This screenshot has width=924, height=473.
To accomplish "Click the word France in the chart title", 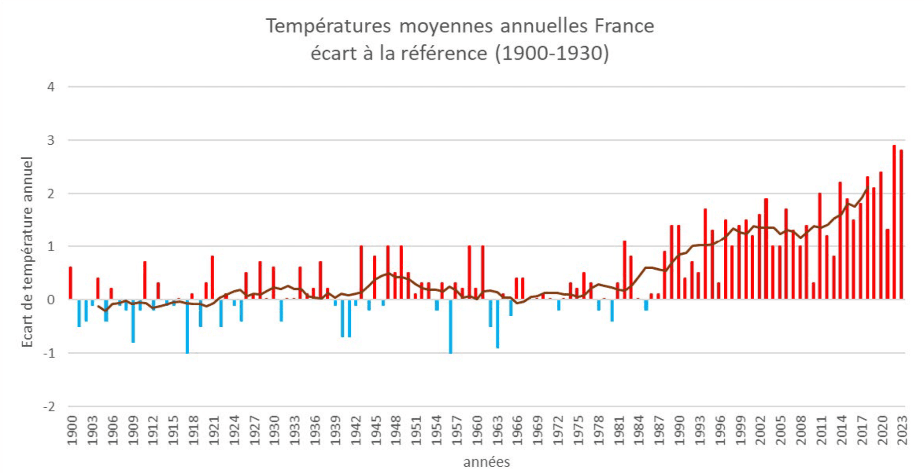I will (624, 26).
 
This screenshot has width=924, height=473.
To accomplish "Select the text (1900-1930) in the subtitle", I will (552, 53).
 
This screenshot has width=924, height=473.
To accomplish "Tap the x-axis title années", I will (486, 462).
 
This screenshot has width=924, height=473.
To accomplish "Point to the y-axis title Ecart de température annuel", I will (27, 251).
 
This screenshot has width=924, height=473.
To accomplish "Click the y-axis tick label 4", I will (51, 87).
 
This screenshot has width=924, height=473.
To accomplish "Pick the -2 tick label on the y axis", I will (49, 407).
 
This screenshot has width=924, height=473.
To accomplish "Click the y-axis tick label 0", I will (51, 300).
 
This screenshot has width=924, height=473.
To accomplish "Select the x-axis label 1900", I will (72, 430).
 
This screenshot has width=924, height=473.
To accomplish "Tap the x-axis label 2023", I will (902, 430).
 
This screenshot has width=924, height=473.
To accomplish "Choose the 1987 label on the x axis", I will (660, 430).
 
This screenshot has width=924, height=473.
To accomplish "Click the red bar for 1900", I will (71, 283).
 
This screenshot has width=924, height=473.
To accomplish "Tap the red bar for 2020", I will (881, 236).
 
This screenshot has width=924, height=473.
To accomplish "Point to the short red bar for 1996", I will (719, 291).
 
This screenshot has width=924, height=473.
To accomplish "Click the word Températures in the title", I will (328, 26).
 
